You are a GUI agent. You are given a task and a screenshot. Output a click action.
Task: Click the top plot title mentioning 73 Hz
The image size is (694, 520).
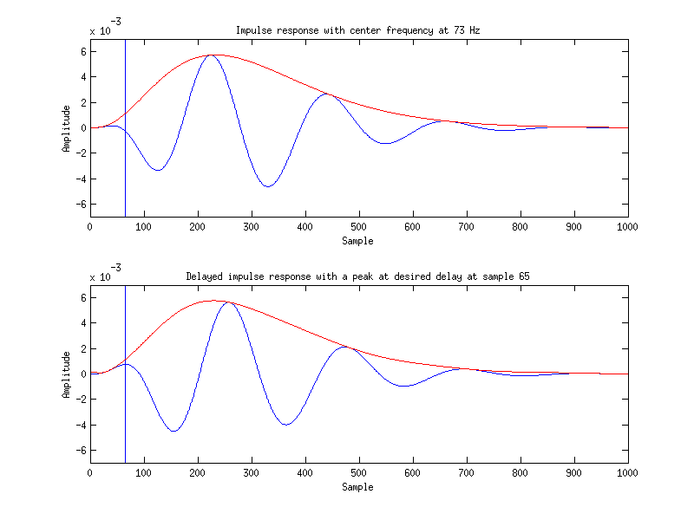358,30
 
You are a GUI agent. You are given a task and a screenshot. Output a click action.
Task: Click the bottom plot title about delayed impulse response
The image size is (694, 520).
358,276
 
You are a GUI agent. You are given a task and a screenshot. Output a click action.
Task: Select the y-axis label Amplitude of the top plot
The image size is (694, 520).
67,128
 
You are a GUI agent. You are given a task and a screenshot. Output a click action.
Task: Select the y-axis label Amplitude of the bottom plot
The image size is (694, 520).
67,374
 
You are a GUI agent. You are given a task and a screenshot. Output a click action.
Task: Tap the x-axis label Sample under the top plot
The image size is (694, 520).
358,240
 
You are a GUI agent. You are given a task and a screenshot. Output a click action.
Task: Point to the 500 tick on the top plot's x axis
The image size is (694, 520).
359,226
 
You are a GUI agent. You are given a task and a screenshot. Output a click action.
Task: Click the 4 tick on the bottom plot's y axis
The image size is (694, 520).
82,322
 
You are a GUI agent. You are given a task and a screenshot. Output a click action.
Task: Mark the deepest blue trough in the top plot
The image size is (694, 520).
269,186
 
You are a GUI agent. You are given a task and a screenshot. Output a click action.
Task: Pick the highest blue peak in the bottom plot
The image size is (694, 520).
226,302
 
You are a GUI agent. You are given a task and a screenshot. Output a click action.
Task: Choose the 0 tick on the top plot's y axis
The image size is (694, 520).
82,128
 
